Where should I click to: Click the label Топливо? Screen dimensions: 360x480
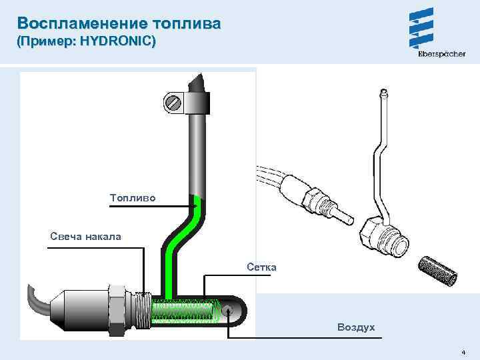pyautogui.click(x=133, y=197)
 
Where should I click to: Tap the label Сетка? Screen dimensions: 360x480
pyautogui.click(x=261, y=267)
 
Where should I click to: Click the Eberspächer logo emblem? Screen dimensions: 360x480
pyautogui.click(x=422, y=28)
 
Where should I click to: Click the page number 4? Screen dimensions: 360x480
pyautogui.click(x=463, y=351)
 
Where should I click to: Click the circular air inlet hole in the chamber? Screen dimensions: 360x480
pyautogui.click(x=229, y=310)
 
